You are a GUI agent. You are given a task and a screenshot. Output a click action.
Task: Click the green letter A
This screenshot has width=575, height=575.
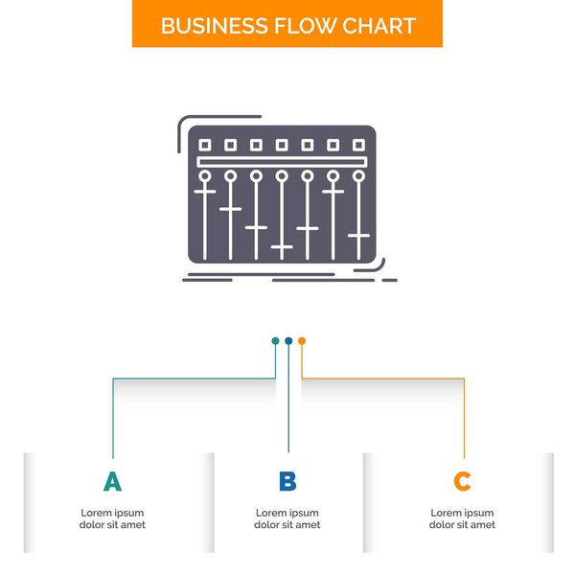[x=112, y=481]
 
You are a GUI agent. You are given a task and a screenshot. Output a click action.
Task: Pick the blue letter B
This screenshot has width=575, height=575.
[x=287, y=481]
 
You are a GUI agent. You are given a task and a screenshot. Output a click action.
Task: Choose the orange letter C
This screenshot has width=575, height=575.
[x=462, y=481]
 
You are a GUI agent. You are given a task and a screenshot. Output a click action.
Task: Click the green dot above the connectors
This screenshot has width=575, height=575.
[x=275, y=340]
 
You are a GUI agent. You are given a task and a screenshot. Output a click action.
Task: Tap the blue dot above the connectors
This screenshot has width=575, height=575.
[x=288, y=340]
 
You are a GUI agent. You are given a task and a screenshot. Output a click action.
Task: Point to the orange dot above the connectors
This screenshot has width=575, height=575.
[x=302, y=340]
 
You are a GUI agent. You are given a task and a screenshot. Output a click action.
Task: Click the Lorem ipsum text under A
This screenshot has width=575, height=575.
[x=112, y=518]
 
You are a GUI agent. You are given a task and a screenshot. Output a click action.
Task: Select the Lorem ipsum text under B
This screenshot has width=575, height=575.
[x=287, y=518]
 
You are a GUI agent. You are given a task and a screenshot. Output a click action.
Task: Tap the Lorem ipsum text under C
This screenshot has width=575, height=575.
[x=462, y=518]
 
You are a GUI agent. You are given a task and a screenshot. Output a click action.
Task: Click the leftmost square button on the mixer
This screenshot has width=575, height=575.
[x=204, y=145]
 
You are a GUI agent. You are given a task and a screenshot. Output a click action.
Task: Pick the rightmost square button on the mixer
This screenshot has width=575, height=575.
[x=358, y=145]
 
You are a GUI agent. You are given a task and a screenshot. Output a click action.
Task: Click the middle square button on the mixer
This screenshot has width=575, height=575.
[x=282, y=145]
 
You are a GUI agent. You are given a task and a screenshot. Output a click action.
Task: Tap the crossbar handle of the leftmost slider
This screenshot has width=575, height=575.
[x=204, y=191]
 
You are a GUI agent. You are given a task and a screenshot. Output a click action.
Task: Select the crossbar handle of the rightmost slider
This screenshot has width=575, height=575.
[x=358, y=235]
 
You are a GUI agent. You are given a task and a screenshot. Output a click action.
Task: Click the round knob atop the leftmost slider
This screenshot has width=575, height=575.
[x=204, y=176]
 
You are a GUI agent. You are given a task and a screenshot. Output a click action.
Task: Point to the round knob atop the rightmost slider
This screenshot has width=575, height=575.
[x=358, y=176]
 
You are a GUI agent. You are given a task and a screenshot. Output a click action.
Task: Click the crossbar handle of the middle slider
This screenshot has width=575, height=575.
[x=282, y=247]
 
